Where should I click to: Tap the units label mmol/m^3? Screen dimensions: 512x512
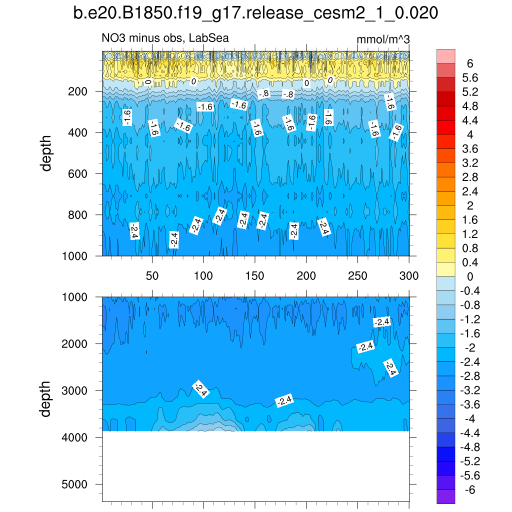[x=383, y=39]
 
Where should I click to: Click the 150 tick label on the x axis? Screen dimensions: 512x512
[x=255, y=275]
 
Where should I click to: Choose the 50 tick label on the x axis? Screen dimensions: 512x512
[x=152, y=275]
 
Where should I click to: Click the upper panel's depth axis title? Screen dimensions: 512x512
[x=46, y=153]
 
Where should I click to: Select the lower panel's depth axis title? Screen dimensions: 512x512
[x=46, y=399]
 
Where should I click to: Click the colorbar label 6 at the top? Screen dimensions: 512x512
[x=469, y=63]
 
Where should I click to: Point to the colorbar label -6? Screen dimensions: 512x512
[x=469, y=490]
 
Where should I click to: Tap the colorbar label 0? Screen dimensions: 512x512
[x=469, y=276]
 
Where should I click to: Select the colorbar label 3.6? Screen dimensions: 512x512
[x=469, y=148]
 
